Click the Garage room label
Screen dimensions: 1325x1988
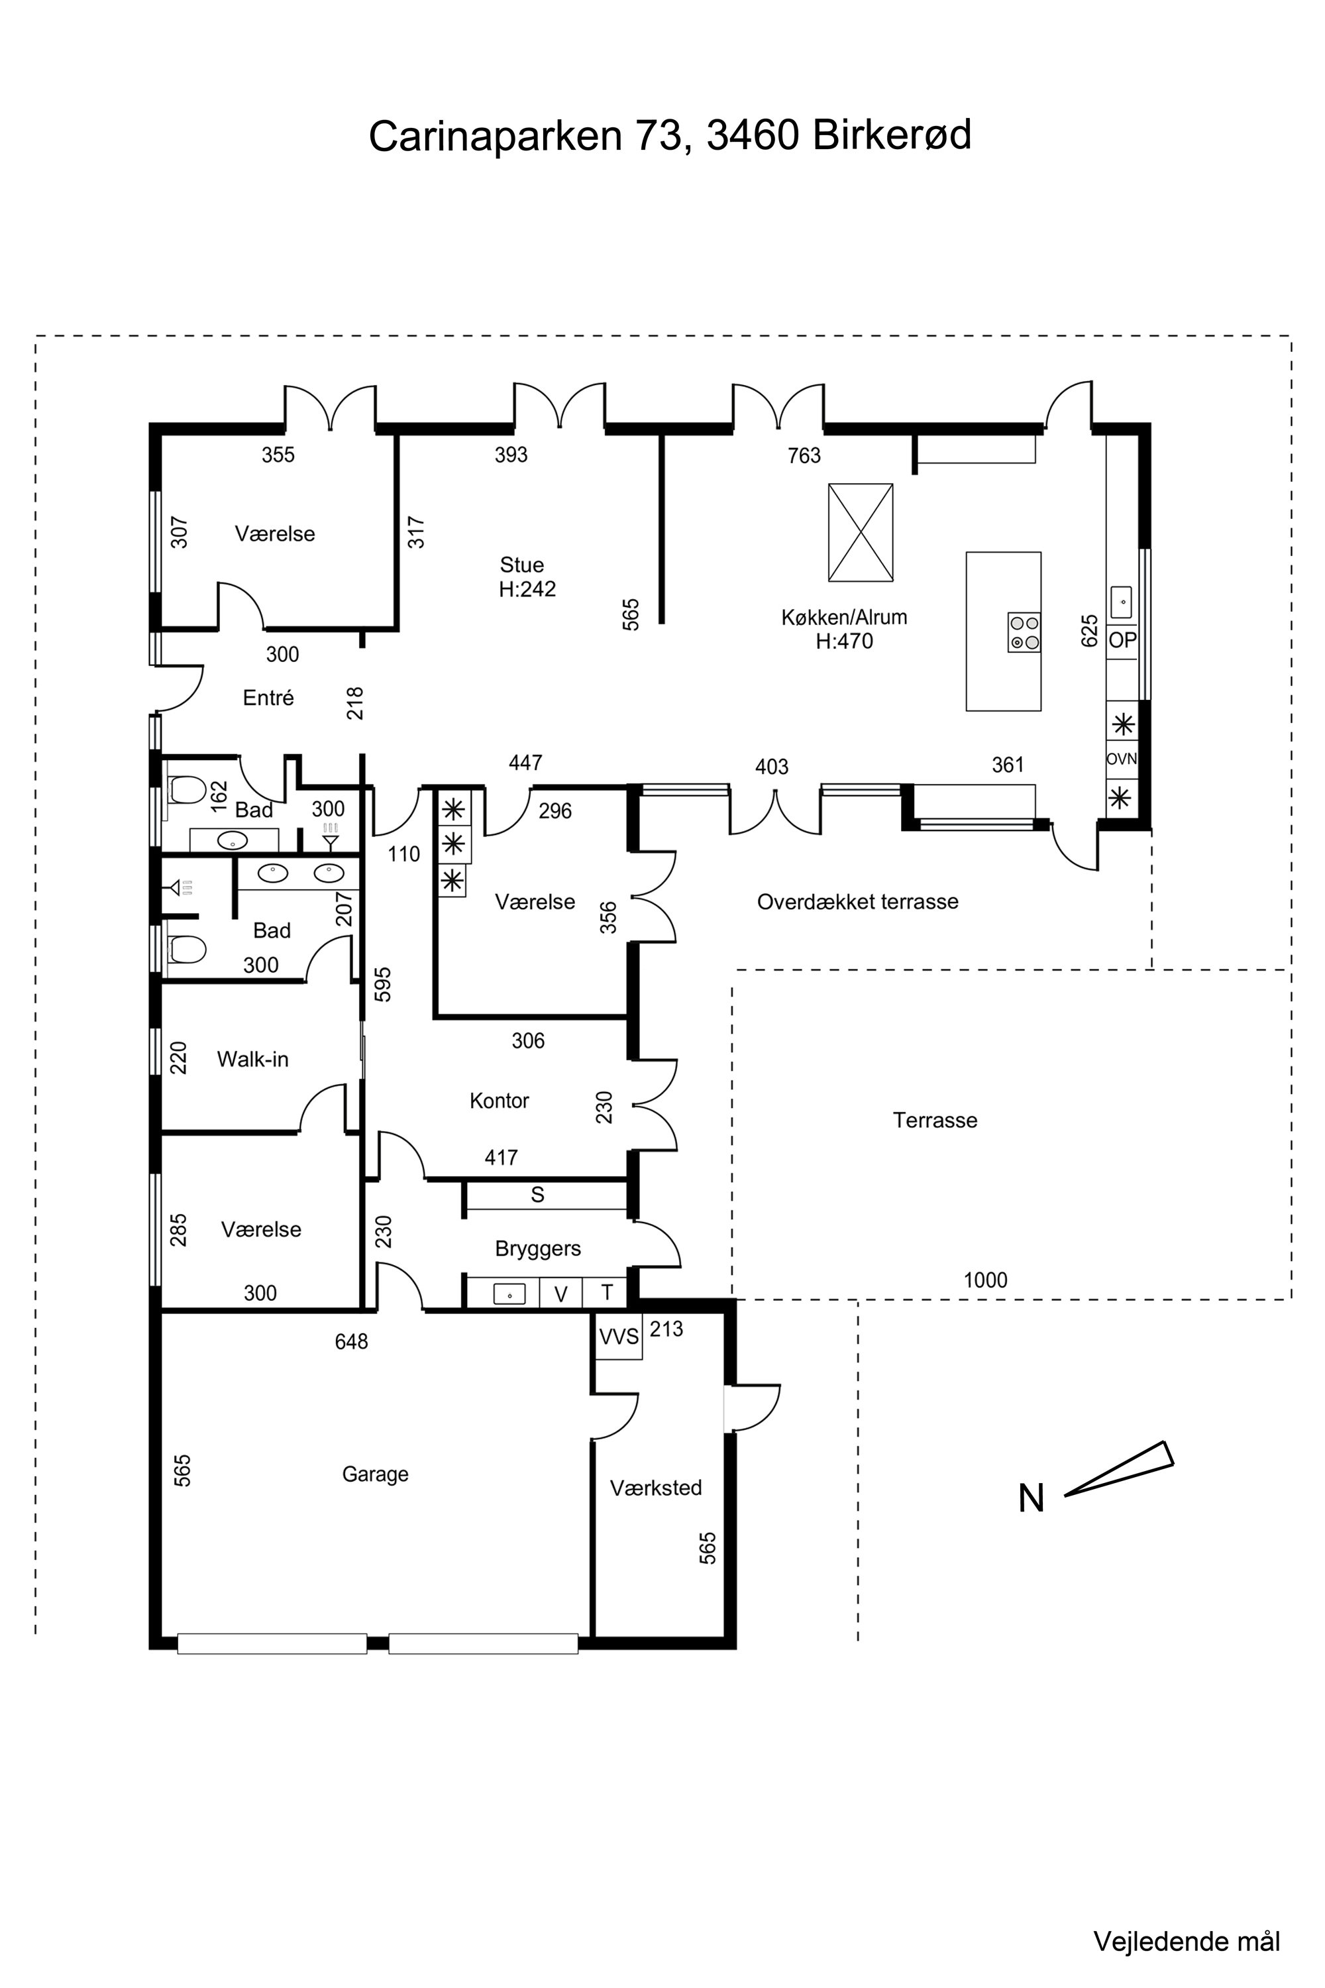(375, 1474)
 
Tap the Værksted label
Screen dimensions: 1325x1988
(656, 1488)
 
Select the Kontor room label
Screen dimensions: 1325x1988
(500, 1101)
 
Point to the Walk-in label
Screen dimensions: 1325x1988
(252, 1059)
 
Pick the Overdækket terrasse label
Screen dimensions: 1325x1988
(858, 902)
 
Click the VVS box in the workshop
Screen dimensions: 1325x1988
(619, 1337)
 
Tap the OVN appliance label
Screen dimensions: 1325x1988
(1122, 759)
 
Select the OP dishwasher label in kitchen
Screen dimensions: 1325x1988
(1122, 640)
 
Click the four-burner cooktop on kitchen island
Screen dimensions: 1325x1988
(1024, 632)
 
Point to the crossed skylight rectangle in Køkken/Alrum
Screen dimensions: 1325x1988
(860, 533)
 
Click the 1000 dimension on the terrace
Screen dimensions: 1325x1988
(985, 1280)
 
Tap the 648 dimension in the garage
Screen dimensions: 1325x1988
(352, 1341)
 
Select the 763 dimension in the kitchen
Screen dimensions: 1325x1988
(804, 456)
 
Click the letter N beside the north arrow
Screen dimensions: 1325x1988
(1032, 1498)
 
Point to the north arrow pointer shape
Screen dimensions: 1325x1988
(1119, 1468)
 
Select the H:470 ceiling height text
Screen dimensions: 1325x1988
(844, 641)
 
